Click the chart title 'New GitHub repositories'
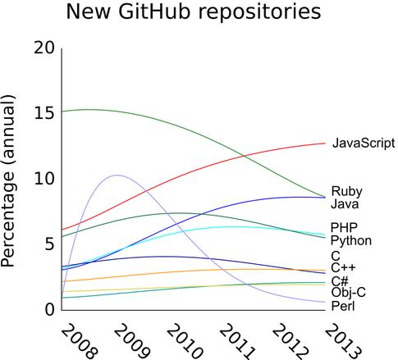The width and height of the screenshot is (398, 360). tap(194, 13)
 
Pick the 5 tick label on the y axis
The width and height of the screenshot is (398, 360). tap(48, 244)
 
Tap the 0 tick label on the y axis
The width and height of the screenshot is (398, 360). tap(48, 309)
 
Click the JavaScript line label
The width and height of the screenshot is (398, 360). tap(364, 143)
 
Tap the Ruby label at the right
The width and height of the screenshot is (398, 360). tap(347, 191)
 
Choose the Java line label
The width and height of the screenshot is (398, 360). tap(345, 203)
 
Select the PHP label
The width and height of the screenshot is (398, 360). tap(344, 227)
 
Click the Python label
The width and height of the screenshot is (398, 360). tap(351, 241)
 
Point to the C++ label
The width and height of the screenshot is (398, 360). tap(343, 267)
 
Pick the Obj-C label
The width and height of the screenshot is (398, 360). tap(348, 292)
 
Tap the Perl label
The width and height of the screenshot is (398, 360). tap(343, 306)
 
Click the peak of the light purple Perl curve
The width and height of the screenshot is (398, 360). tap(117, 175)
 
